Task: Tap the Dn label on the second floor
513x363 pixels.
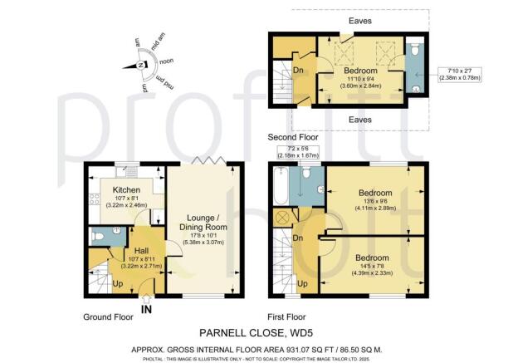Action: pos(298,71)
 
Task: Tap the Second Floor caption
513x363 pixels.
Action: pos(291,136)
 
